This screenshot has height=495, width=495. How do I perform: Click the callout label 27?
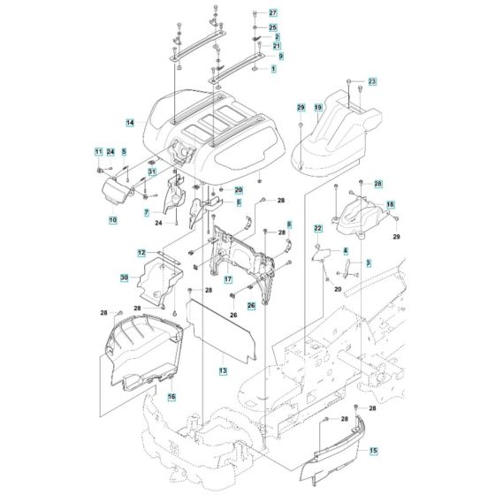click(x=273, y=13)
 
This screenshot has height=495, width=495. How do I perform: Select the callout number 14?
click(x=130, y=123)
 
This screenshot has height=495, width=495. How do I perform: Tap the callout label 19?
click(x=318, y=107)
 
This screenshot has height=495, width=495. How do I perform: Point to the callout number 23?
click(x=372, y=81)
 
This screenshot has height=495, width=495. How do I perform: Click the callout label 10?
click(x=113, y=220)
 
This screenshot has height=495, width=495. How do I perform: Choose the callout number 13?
click(x=223, y=370)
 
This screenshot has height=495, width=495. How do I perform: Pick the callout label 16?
click(x=171, y=397)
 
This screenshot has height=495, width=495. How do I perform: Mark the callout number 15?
click(x=373, y=450)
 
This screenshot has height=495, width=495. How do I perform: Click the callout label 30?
click(x=125, y=278)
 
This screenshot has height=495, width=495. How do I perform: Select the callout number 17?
click(x=228, y=279)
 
